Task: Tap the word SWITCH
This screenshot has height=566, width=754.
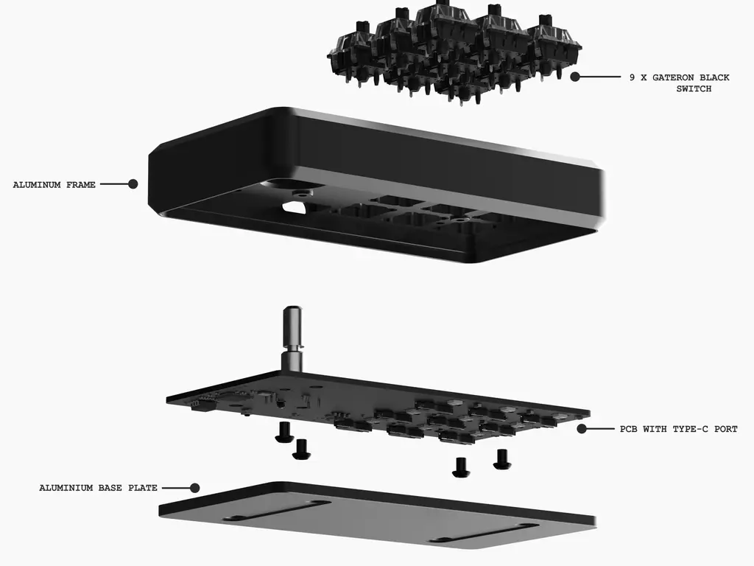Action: point(694,89)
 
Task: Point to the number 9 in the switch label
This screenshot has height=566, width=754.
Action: point(633,77)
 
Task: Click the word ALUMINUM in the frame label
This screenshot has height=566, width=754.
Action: point(37,185)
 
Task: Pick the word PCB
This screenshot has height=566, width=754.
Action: point(628,429)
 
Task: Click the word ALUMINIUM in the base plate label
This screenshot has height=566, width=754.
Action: point(66,488)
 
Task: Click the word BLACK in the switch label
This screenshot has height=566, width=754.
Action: point(714,77)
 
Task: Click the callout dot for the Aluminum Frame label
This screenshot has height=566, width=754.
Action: point(133,184)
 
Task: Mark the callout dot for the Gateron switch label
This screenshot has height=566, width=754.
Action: point(575,77)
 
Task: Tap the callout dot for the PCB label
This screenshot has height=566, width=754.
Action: point(582,428)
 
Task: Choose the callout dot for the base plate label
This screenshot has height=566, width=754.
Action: point(194,488)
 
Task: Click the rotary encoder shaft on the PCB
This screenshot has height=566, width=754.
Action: point(292,338)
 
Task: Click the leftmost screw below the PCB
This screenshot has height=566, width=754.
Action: point(283,432)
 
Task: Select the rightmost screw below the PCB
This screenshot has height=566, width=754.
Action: point(502,459)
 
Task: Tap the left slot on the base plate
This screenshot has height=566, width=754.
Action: point(277,510)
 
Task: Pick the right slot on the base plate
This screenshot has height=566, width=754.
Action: point(485,534)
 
